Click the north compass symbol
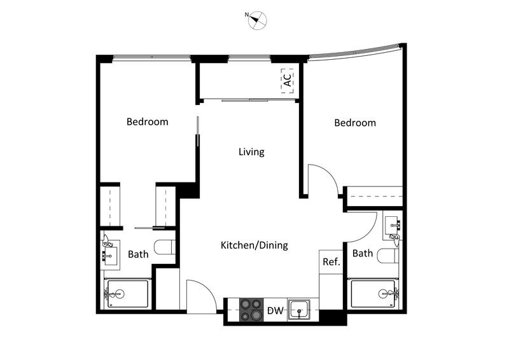point(258,20)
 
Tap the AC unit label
point(288,81)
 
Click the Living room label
point(251,152)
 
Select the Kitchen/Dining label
point(254,245)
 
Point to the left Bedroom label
point(147,121)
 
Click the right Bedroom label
point(355,123)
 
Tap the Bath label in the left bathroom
point(138,254)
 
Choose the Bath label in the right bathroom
point(363,253)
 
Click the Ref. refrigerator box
point(331,261)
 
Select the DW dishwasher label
point(275,311)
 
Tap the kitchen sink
point(298,310)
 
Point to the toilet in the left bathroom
point(165,247)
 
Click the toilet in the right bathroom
point(387,256)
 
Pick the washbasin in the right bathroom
point(393,226)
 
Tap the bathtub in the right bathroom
point(375,294)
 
